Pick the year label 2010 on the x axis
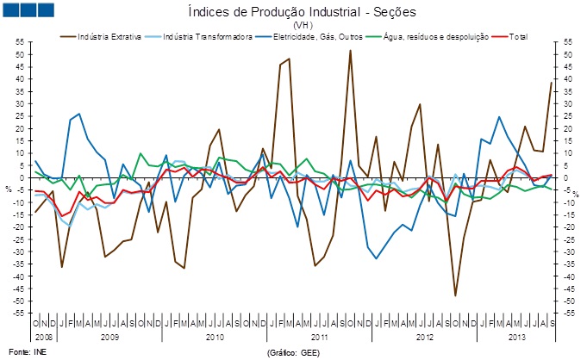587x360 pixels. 215,334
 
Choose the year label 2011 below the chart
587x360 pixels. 320,334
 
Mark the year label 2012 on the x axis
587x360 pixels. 424,334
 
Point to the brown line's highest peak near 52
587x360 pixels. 350,51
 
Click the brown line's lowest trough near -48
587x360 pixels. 455,295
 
